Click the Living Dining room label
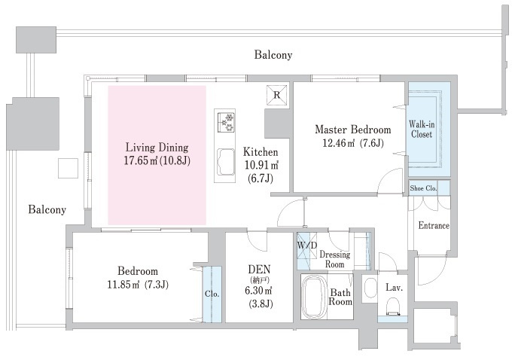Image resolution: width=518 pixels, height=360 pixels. [157, 147]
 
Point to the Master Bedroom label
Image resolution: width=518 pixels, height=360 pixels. [352, 130]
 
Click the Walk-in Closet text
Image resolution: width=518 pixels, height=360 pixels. [421, 129]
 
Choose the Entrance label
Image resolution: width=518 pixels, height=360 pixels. [433, 225]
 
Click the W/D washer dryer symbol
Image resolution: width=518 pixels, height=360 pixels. [306, 246]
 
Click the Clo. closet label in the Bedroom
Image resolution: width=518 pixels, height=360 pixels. [212, 294]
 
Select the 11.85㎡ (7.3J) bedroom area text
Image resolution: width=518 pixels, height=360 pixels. [137, 284]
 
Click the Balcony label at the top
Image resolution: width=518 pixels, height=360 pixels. [273, 55]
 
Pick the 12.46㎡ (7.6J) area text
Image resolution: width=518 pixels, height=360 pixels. [353, 143]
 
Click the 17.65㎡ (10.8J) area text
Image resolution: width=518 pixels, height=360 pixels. [157, 160]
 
